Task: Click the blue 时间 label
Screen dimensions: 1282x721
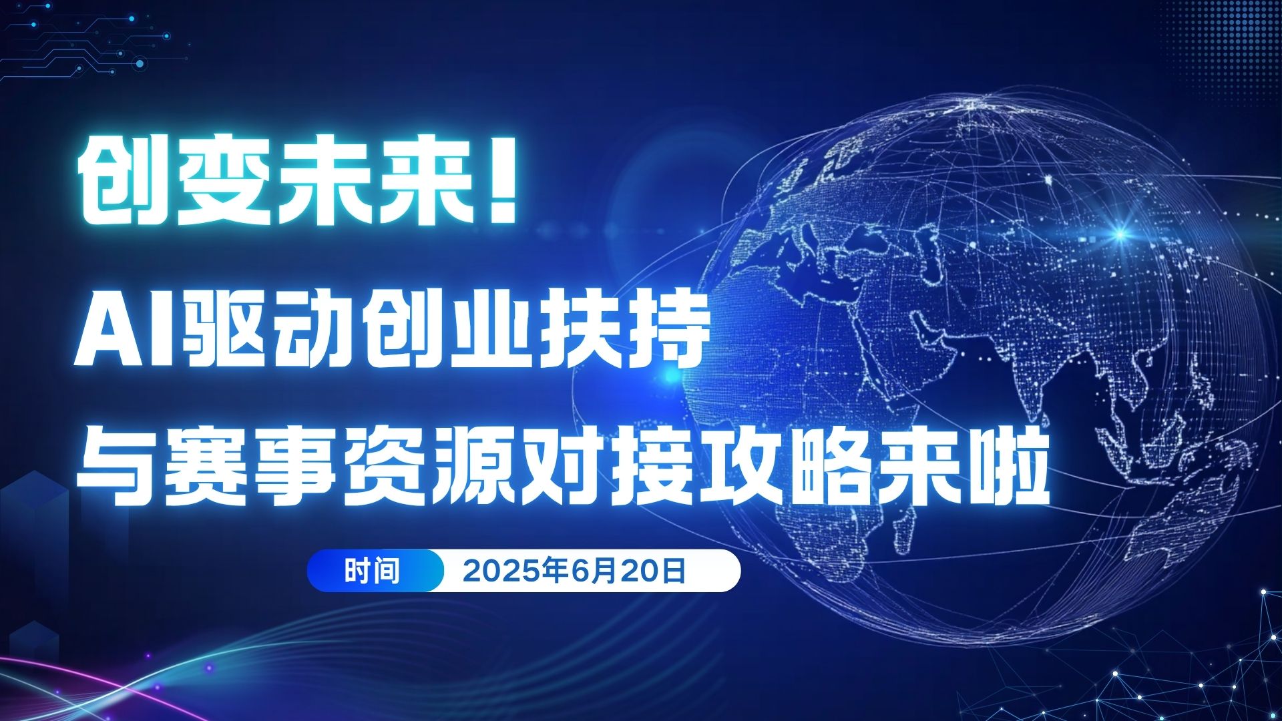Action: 372,571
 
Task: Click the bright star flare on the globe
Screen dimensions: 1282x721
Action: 1120,233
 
